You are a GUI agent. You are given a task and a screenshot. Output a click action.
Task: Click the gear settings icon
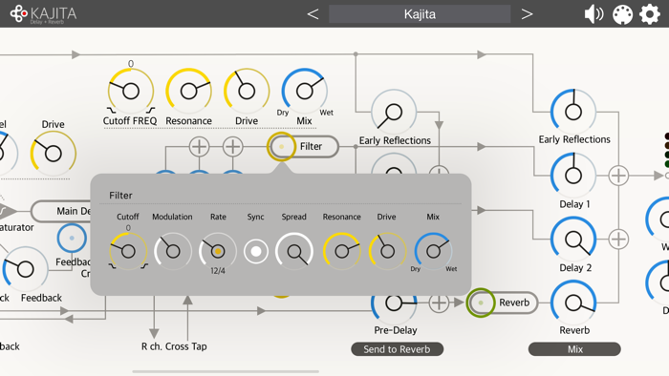650,14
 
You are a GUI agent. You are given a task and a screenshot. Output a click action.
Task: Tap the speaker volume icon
593,14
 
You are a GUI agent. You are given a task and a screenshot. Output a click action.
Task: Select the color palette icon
622,14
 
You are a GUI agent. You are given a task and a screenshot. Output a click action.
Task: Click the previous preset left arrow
313,14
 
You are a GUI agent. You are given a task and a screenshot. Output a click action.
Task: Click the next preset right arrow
527,14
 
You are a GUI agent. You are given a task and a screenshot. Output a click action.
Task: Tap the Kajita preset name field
420,14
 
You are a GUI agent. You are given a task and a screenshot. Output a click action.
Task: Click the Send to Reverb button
397,349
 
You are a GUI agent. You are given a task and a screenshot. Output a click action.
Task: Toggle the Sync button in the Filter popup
255,251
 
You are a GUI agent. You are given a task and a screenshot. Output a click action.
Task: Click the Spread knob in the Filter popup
294,251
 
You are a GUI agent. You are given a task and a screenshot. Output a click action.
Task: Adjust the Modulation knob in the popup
172,251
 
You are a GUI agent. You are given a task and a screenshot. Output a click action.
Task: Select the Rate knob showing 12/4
218,251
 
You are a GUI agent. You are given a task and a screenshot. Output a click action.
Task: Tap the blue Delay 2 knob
573,240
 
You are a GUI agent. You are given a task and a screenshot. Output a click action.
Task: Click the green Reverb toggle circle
481,303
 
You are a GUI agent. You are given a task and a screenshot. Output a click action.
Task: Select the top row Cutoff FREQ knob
130,92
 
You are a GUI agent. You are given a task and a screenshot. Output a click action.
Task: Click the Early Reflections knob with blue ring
573,112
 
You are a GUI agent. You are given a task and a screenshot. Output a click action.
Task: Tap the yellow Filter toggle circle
282,146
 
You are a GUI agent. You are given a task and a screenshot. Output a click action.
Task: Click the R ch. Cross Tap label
173,346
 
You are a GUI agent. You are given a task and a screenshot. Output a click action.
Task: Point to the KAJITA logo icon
18,14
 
